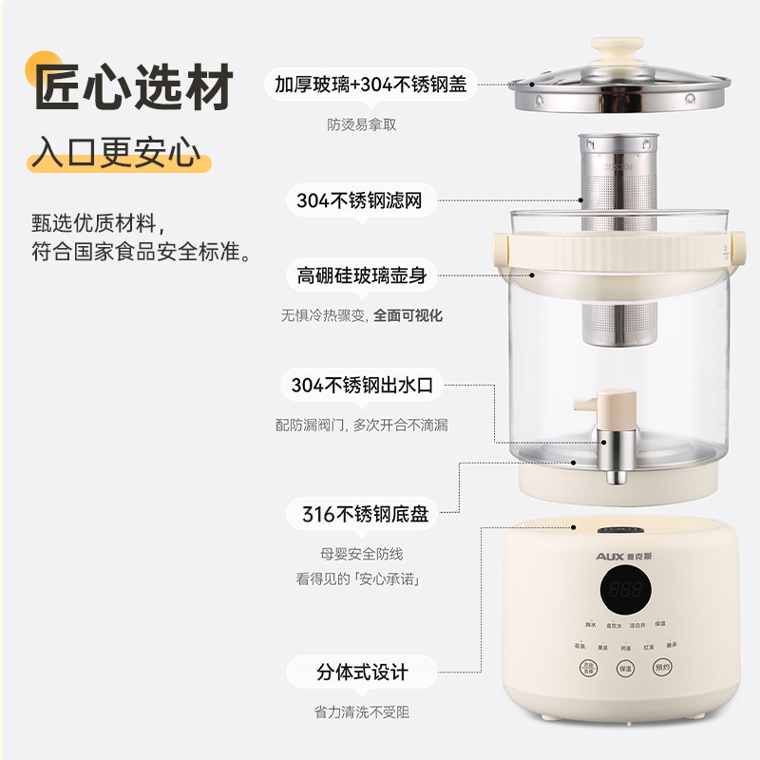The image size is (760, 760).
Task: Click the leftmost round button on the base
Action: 589,668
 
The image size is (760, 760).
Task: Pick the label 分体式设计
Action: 362,673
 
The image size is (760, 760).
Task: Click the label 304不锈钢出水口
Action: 362,386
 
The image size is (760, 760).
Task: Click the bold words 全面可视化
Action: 408,315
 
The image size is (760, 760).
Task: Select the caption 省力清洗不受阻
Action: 362,712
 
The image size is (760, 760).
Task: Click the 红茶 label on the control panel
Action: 648,647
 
